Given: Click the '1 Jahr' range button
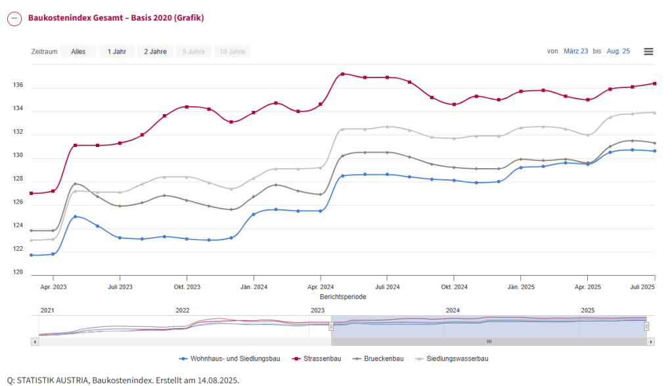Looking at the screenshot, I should [x=117, y=51].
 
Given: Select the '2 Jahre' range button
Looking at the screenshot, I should [x=156, y=51].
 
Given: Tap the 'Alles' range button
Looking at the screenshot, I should [x=78, y=51].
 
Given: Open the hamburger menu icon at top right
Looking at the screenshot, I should [x=648, y=51].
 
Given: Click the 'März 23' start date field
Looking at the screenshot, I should [x=576, y=51].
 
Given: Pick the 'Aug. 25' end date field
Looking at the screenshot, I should [x=618, y=51].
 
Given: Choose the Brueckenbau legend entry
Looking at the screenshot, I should [x=380, y=358].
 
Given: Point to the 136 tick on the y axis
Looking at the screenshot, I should [x=18, y=85].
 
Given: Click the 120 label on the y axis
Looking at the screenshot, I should [x=18, y=273].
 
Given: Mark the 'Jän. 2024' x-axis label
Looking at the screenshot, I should [x=254, y=287].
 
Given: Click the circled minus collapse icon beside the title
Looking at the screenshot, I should [x=14, y=18].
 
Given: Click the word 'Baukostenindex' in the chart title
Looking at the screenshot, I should [x=55, y=18].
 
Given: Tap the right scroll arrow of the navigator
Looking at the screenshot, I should [x=651, y=342].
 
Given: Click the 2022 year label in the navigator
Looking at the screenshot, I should [x=183, y=310].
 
